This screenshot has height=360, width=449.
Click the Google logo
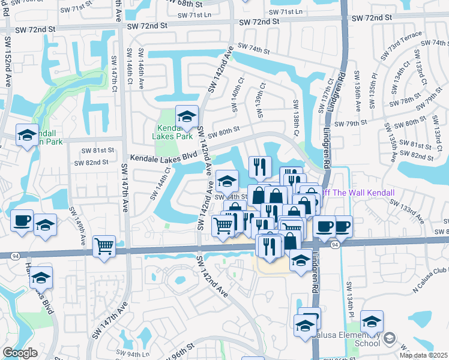(x=20, y=353)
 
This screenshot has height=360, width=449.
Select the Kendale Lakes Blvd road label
(x=164, y=156)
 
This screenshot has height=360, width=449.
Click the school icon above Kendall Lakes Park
(x=187, y=116)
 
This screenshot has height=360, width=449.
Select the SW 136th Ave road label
(x=358, y=90)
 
